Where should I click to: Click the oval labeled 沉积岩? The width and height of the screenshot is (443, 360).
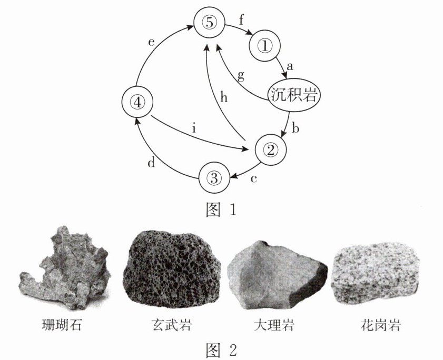pyautogui.click(x=294, y=95)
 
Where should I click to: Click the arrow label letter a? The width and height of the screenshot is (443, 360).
pyautogui.click(x=289, y=67)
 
